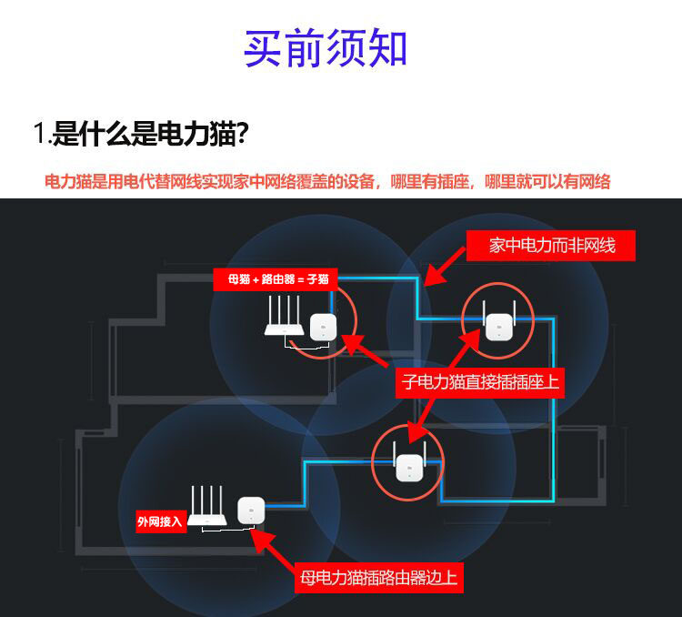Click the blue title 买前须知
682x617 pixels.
tap(325, 48)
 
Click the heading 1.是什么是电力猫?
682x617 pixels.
tap(141, 133)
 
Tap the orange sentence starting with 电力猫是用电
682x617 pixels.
tap(327, 182)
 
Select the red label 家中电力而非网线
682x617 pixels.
tap(551, 246)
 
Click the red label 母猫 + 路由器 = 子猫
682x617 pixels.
tap(276, 279)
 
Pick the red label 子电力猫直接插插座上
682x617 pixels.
tap(480, 383)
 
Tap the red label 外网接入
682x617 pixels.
tap(161, 521)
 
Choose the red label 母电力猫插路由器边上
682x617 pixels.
tap(379, 578)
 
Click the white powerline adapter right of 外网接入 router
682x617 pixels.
tap(251, 511)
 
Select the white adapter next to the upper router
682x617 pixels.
tap(323, 327)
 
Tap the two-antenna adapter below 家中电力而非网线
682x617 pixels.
tap(499, 321)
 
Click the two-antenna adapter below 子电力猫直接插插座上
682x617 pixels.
tap(409, 462)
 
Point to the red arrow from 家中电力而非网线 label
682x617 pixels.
tap(445, 267)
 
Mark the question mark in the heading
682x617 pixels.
tap(242, 133)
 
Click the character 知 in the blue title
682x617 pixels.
tap(387, 48)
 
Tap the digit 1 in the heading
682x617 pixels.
tap(40, 132)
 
